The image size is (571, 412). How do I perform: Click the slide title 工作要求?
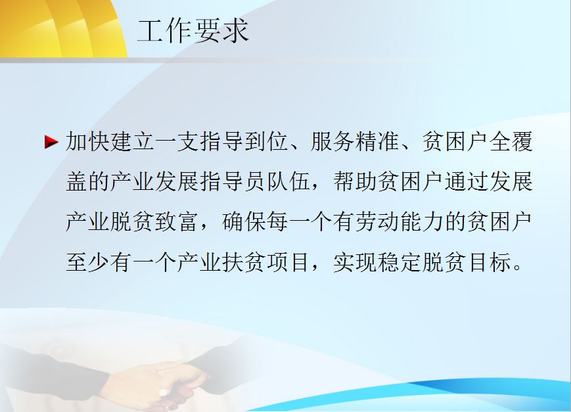click(x=193, y=32)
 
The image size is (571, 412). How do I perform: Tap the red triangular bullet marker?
click(x=51, y=142)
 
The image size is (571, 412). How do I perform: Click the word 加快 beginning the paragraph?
click(x=88, y=142)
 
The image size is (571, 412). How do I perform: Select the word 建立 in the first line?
click(x=133, y=142)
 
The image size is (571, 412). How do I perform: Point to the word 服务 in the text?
click(x=332, y=142)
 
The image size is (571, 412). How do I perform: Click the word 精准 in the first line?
click(x=377, y=142)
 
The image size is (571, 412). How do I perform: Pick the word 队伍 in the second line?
click(x=288, y=182)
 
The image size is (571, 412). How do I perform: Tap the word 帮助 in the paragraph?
click(x=355, y=182)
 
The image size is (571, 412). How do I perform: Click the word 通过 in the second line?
click(x=466, y=182)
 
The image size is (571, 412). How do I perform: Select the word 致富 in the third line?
click(x=177, y=222)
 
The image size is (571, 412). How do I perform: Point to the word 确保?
click(x=244, y=222)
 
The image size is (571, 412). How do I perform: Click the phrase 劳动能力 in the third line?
click(x=399, y=222)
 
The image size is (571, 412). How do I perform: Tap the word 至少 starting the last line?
click(x=88, y=262)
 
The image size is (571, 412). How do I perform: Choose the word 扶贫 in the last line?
click(x=244, y=262)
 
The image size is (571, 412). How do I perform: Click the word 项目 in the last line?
click(x=288, y=262)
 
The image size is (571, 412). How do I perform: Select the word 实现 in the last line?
click(x=355, y=262)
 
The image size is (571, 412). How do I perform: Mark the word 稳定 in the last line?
click(x=399, y=262)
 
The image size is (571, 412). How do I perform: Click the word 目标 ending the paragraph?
click(x=488, y=262)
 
